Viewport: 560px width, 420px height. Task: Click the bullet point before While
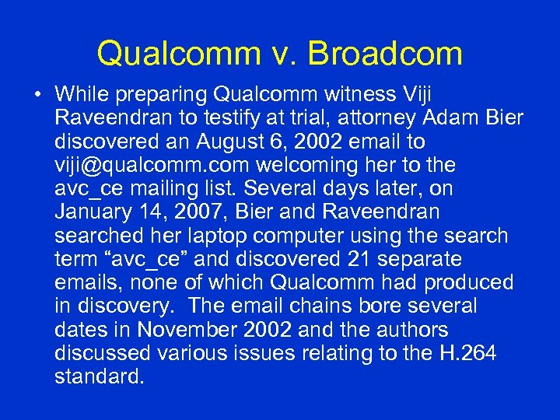pos(37,95)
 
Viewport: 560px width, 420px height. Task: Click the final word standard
pos(100,377)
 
